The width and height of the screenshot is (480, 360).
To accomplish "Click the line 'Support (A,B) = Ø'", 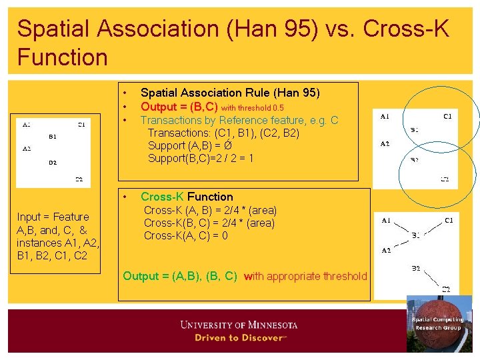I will pos(189,145).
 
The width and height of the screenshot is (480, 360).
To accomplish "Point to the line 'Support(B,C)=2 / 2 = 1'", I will pos(201,158).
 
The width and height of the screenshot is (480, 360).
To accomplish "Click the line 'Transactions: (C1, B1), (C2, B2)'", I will pos(223,133).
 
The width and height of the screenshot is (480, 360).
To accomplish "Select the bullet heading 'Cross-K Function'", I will pos(187,197).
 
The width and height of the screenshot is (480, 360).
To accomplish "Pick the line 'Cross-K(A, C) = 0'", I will pos(186,235).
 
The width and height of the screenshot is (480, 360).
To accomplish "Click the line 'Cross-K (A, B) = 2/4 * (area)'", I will pos(210,210).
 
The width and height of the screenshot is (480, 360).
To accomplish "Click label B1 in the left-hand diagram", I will pos(53,137).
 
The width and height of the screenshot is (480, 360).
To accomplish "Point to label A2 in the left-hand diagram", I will pos(27,149).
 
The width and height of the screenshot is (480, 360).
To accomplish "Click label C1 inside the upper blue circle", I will pos(447,116).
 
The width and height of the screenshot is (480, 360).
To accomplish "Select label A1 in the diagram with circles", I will pos(385,116).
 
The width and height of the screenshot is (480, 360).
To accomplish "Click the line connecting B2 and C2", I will pos(430,278).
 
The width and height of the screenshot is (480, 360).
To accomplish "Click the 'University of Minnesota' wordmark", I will pos(239,325).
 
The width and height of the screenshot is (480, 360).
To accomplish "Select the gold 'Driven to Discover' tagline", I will pos(239,338).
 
